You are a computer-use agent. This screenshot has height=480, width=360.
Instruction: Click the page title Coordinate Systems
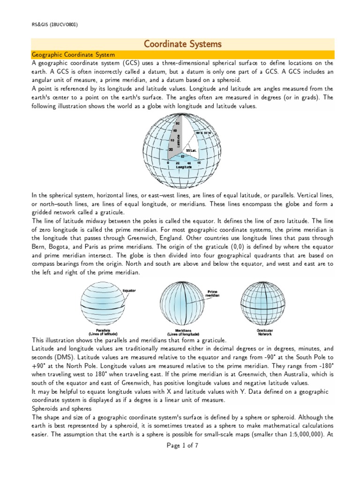[x=182, y=44]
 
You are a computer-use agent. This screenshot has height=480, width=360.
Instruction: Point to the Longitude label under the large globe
[x=183, y=167]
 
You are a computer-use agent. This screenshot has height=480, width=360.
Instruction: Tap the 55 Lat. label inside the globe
[x=191, y=150]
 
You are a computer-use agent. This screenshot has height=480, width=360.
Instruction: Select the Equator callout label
[x=129, y=291]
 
